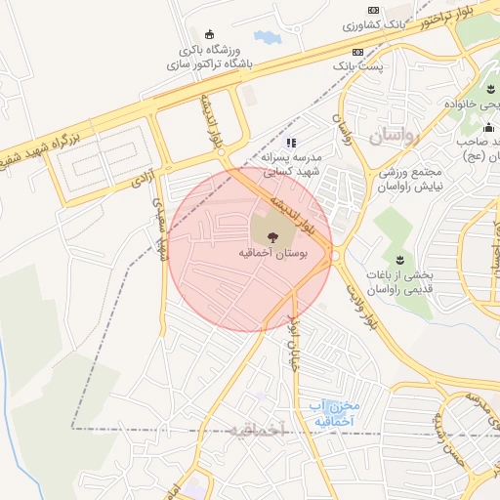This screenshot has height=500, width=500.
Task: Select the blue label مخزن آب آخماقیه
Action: tap(335, 413)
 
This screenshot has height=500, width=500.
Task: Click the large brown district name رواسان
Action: tap(394, 137)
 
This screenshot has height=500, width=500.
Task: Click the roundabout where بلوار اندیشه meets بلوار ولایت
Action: tap(335, 256)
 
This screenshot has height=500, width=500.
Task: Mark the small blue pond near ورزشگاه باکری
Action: tap(266, 38)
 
